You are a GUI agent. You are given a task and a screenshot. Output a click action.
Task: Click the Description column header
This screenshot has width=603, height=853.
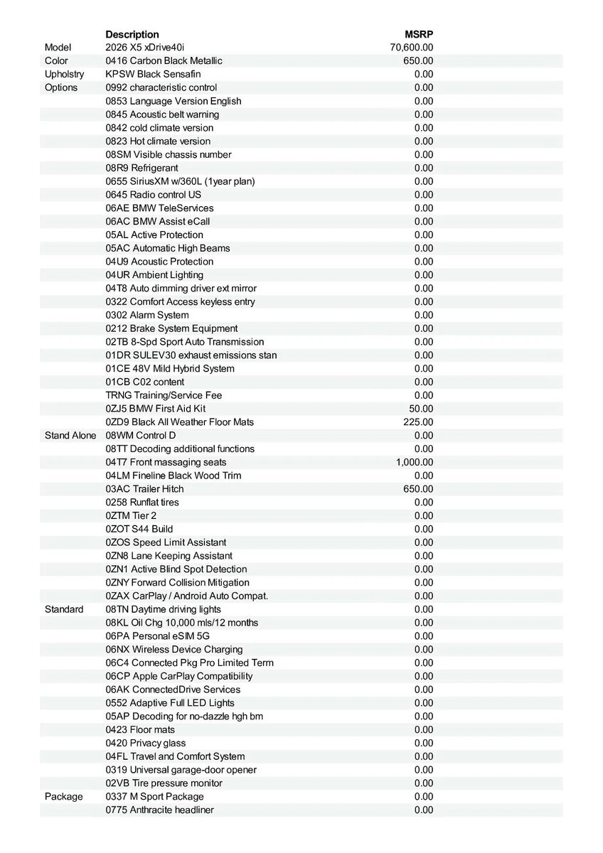point(132,34)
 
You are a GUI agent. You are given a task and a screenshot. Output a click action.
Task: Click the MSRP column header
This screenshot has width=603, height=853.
point(419,34)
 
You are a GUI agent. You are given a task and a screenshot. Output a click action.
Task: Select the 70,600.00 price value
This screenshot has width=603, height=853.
point(412,48)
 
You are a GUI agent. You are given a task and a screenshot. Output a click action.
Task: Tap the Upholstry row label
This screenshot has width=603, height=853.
point(64,74)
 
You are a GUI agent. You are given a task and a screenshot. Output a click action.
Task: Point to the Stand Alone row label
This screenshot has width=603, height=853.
point(70,435)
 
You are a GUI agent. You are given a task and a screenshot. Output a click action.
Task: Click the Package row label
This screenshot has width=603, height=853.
point(64,796)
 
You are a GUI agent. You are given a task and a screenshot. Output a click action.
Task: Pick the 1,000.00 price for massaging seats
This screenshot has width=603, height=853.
point(415,462)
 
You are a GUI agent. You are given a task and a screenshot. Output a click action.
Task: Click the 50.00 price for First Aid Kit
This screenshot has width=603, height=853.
point(421,409)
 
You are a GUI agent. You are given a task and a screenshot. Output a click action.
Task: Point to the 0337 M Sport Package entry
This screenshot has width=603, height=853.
point(154,796)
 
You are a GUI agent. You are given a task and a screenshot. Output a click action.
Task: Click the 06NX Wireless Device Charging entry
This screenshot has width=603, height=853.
point(174,649)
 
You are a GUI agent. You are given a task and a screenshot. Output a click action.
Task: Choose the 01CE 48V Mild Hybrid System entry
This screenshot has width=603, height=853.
point(170,368)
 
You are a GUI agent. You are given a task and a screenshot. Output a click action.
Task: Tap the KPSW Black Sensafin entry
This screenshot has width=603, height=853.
point(153,74)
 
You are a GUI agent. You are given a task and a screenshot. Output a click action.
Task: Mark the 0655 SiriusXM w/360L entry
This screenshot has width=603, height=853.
point(180,181)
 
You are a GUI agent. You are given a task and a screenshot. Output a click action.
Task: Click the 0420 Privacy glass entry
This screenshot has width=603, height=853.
point(146,743)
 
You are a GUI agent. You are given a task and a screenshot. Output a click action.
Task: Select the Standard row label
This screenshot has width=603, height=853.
point(64,609)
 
